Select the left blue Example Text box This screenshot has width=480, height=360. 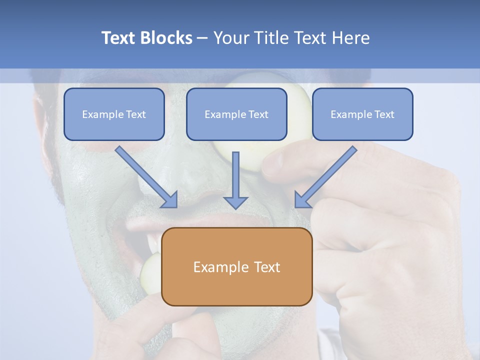click(x=114, y=114)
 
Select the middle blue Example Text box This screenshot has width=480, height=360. click(x=236, y=114)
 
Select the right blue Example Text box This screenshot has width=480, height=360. click(x=362, y=114)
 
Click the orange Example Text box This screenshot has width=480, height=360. click(x=236, y=266)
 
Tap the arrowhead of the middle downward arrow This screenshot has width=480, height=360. click(x=235, y=202)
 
